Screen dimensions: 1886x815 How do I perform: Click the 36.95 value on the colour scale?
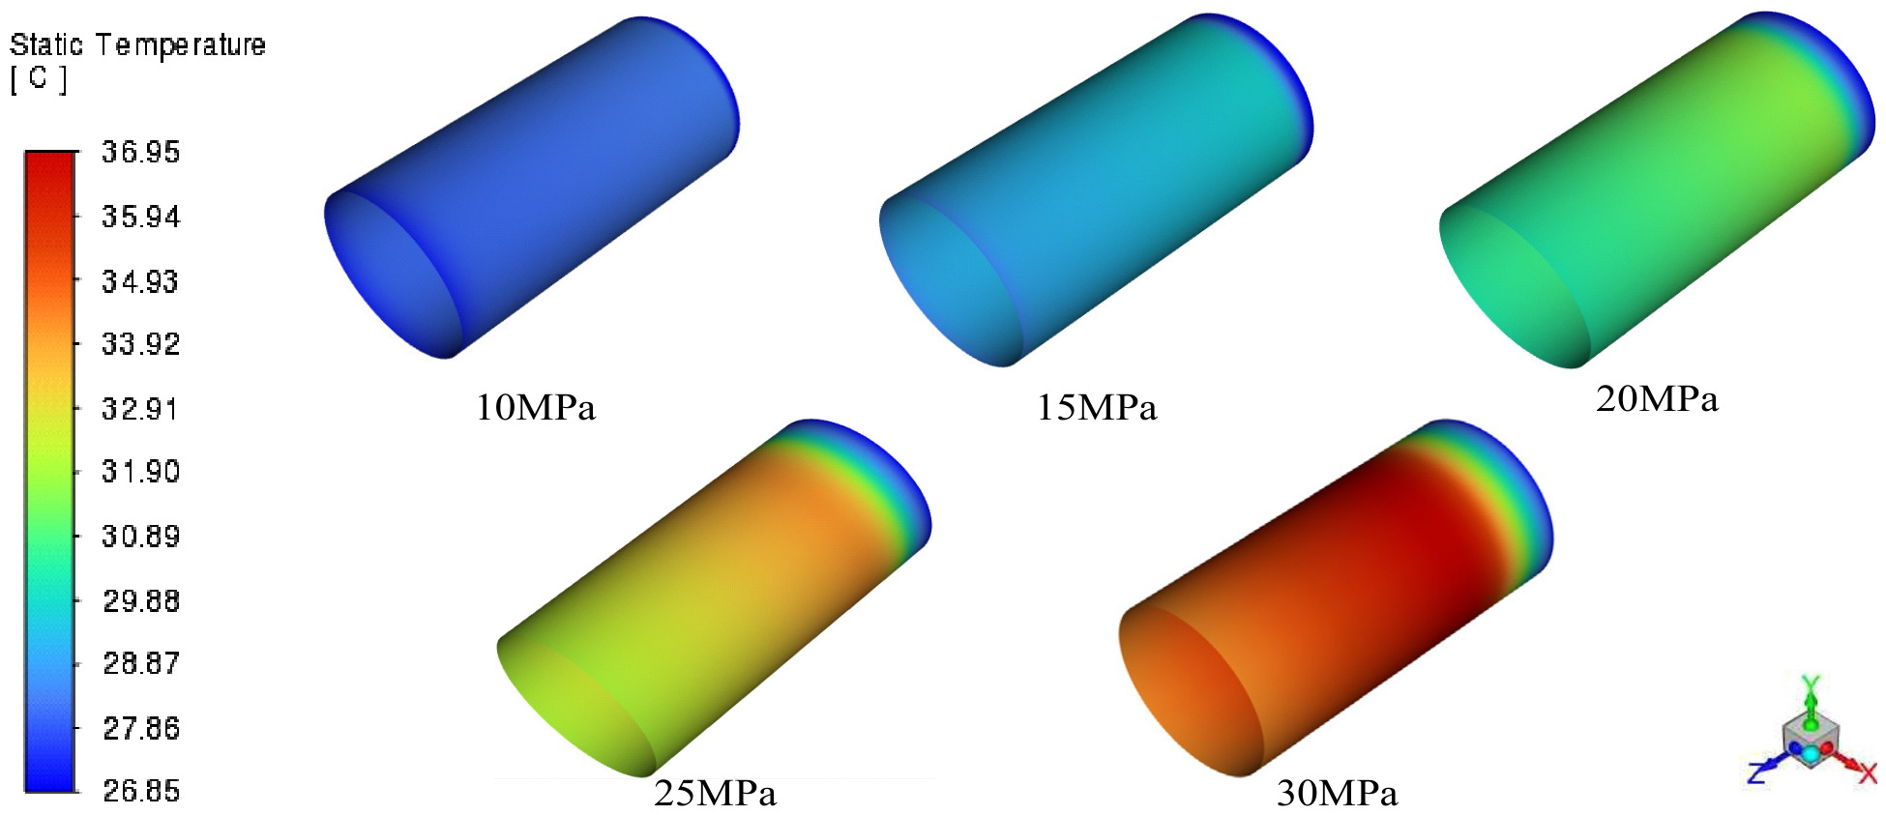click(141, 152)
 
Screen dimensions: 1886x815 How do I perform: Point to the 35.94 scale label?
click(141, 217)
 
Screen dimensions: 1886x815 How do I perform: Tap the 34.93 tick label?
click(141, 281)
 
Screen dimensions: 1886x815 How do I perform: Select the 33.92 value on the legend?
click(141, 344)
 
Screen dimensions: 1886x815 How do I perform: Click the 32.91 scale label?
click(141, 409)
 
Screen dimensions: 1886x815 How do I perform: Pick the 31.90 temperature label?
click(141, 472)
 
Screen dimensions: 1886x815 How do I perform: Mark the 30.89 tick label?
click(141, 537)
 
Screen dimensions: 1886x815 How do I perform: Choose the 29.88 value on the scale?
click(141, 601)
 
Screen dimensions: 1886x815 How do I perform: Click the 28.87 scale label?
click(141, 664)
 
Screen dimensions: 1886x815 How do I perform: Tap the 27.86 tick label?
click(141, 728)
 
